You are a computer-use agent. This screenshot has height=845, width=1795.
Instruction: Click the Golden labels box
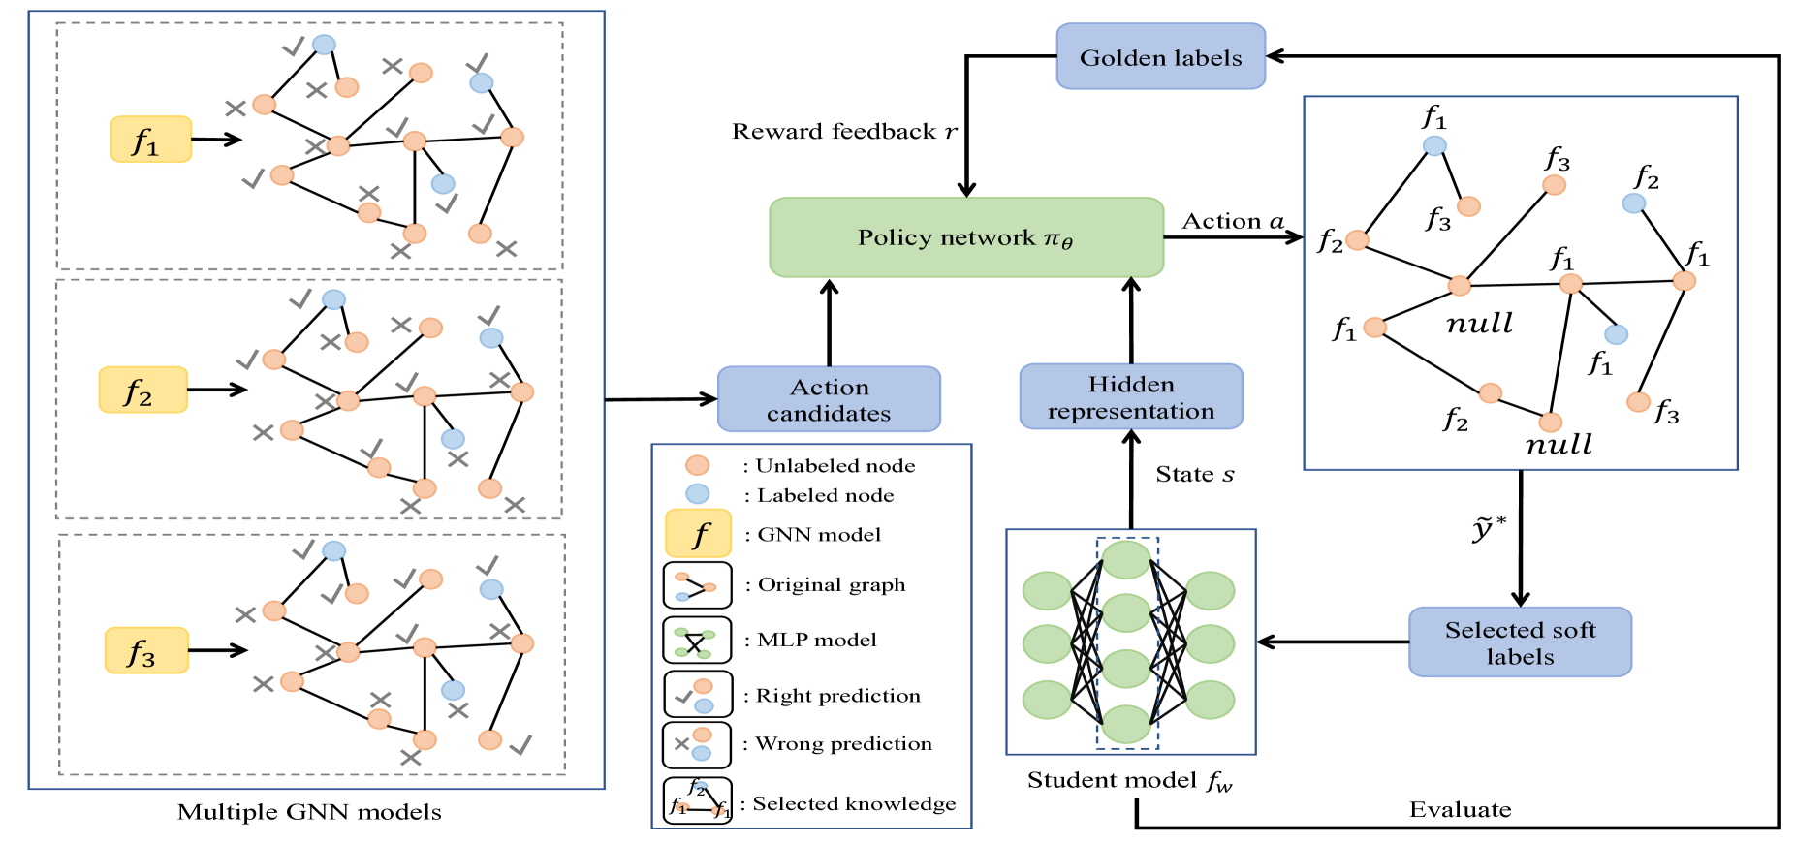point(1160,57)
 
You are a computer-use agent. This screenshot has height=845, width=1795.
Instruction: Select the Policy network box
point(965,237)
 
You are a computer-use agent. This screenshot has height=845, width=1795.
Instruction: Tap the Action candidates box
point(829,399)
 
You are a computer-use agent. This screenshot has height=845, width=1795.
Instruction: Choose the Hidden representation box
point(1130,397)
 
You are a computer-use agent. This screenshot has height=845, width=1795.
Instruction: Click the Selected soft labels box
point(1520,642)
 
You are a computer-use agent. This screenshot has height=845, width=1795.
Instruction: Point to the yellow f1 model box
point(150,140)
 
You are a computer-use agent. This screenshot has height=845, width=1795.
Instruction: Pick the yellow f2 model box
point(142,390)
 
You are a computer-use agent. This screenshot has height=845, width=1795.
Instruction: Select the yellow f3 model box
point(146,650)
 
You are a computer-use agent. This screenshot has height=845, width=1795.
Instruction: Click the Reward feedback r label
point(844,132)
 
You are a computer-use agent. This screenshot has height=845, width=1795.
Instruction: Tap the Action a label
point(1233,222)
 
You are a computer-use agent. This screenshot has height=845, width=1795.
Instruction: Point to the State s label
point(1194,475)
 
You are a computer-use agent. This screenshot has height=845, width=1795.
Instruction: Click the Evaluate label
point(1460,810)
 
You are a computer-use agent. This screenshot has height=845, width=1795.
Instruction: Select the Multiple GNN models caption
point(309,812)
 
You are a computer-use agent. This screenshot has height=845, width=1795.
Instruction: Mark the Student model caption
point(1130,781)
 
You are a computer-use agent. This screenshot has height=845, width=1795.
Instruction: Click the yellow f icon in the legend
point(698,534)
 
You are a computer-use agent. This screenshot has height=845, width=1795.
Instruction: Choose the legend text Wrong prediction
point(843,744)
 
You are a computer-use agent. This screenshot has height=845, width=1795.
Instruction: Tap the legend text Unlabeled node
point(835,466)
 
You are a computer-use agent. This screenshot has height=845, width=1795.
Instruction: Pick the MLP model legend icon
point(697,641)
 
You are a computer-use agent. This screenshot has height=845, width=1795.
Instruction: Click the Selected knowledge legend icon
point(697,801)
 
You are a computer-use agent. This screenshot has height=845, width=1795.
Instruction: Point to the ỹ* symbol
point(1489,529)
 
